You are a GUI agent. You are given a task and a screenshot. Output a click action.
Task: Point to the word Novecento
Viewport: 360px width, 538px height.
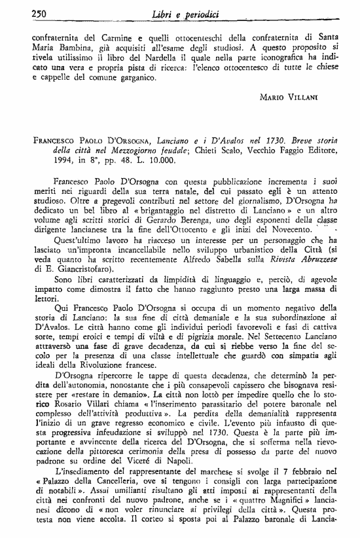pos(287,225)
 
